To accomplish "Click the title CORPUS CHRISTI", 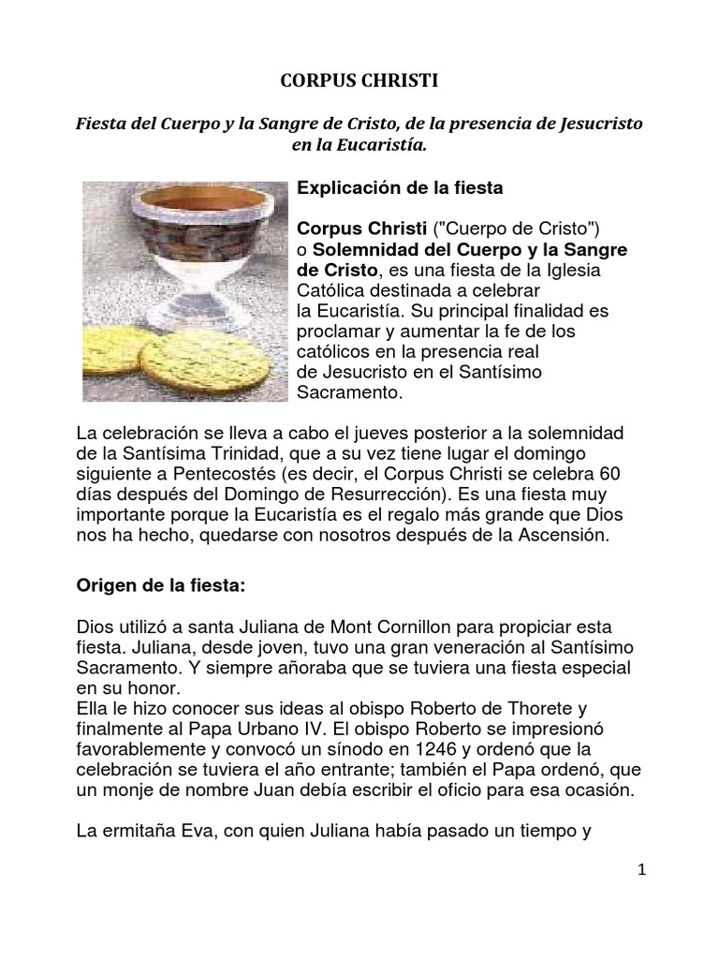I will pyautogui.click(x=359, y=82).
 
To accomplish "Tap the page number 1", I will pyautogui.click(x=642, y=870).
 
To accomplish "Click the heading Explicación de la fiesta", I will pyautogui.click(x=400, y=188).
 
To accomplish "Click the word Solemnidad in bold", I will pyautogui.click(x=366, y=250).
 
